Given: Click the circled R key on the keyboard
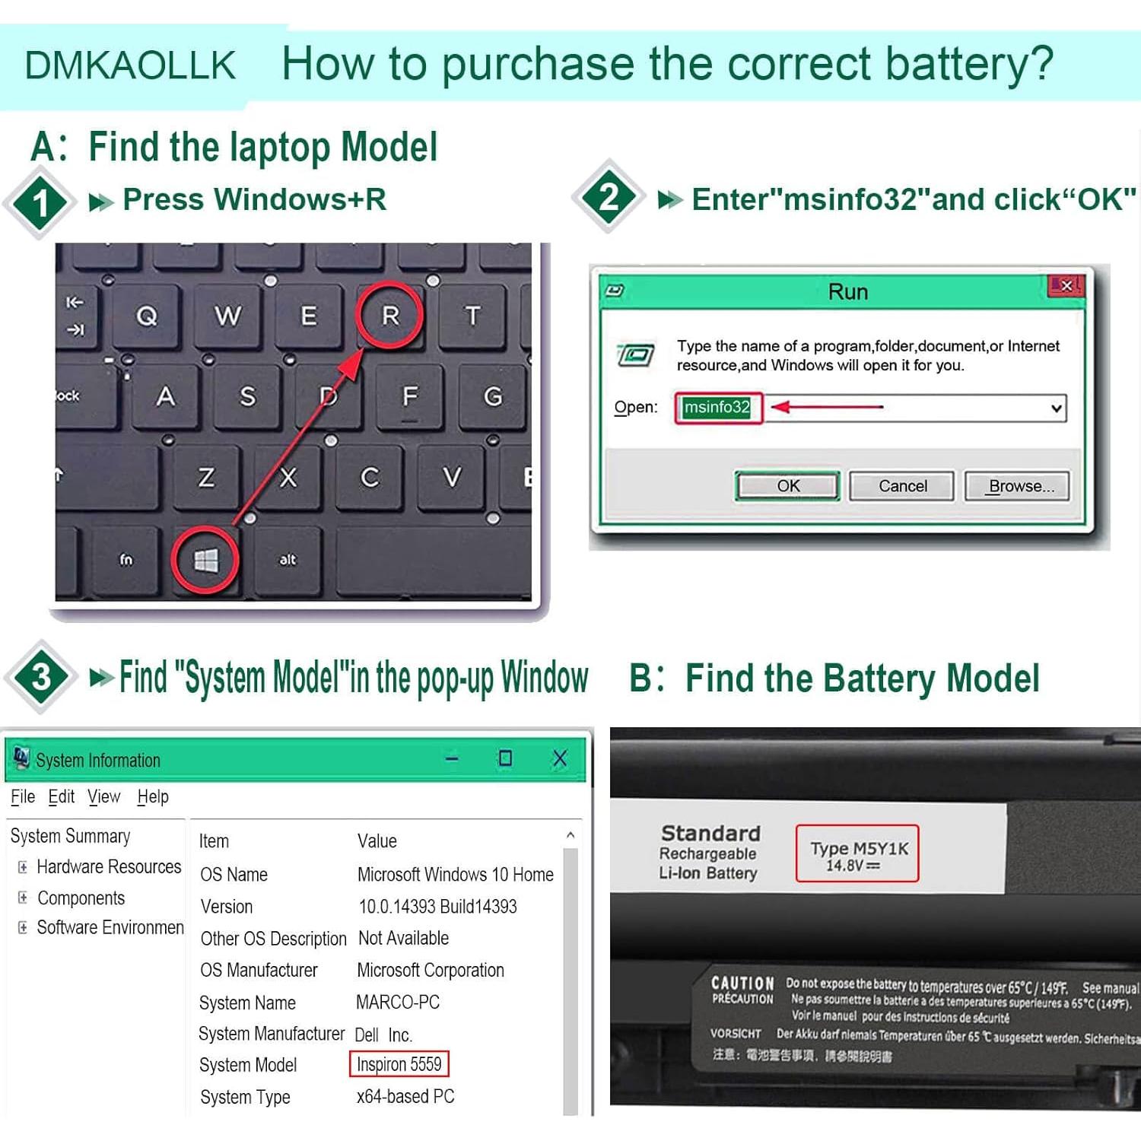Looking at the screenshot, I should [389, 315].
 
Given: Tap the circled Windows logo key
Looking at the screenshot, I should [205, 561].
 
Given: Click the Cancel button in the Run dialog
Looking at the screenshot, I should [902, 486].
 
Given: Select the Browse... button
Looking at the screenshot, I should [1017, 486].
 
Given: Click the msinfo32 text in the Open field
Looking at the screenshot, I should [717, 408].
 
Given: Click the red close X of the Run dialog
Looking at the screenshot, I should [1066, 286].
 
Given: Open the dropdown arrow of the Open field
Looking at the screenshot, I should [1056, 408].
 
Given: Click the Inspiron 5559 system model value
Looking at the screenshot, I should [399, 1064].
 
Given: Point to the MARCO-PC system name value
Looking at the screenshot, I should [398, 1002].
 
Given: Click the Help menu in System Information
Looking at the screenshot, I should [153, 796].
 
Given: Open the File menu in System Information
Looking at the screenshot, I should [23, 796].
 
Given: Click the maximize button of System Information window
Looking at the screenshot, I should [504, 758].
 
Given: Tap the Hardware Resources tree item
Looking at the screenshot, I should [109, 867].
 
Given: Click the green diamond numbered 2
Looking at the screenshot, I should [609, 198].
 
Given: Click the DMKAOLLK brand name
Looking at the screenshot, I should [130, 65].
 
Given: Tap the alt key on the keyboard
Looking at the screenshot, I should [287, 561].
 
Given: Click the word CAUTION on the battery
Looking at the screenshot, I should [742, 983].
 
